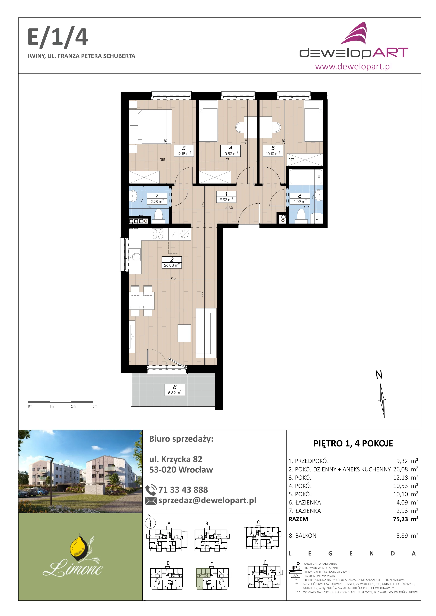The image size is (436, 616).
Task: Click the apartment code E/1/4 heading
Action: pos(58,38)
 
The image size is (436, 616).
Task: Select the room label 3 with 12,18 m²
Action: pos(184,151)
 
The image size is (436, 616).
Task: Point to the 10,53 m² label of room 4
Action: pos(230,154)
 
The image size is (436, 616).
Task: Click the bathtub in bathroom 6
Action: pos(306,177)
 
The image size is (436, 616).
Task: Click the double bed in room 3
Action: pos(150,127)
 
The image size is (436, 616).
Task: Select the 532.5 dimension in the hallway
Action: pos(229,207)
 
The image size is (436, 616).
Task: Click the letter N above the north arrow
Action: pos(379,375)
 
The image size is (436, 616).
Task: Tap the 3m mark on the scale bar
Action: pos(95,406)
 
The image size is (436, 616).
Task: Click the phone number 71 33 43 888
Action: pos(183,490)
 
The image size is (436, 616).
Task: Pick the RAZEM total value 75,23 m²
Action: pos(406,519)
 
